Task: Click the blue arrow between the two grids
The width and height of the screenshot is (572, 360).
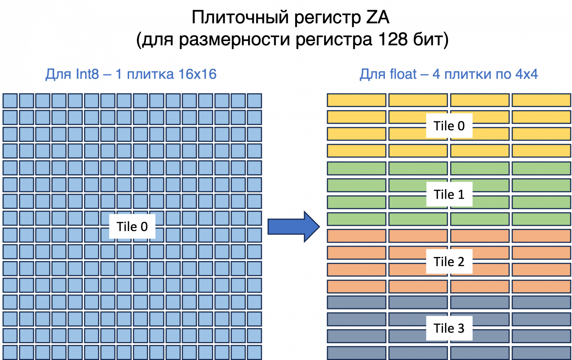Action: pyautogui.click(x=294, y=227)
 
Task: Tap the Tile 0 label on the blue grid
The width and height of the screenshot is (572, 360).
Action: pyautogui.click(x=132, y=227)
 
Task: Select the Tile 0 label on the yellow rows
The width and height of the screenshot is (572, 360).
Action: pyautogui.click(x=449, y=126)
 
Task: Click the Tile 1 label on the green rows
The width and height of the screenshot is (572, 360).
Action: pyautogui.click(x=449, y=194)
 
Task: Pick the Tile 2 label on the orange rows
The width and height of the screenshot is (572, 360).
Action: pyautogui.click(x=449, y=261)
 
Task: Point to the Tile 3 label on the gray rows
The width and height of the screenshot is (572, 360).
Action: pyautogui.click(x=449, y=328)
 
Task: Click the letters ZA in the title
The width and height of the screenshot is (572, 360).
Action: pyautogui.click(x=378, y=17)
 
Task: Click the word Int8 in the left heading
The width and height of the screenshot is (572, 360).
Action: pyautogui.click(x=87, y=74)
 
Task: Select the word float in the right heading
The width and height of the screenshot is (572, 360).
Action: pyautogui.click(x=403, y=74)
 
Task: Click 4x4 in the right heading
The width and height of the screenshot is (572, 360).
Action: pyautogui.click(x=527, y=74)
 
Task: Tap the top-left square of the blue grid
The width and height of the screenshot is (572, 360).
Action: pyautogui.click(x=10, y=100)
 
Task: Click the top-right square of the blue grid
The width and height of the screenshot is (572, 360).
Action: pyautogui.click(x=254, y=100)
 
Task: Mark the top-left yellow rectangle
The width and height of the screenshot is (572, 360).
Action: pyautogui.click(x=357, y=100)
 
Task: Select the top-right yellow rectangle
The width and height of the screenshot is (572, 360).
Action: pyautogui.click(x=542, y=100)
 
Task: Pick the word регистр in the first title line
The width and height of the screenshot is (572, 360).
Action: pyautogui.click(x=328, y=18)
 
